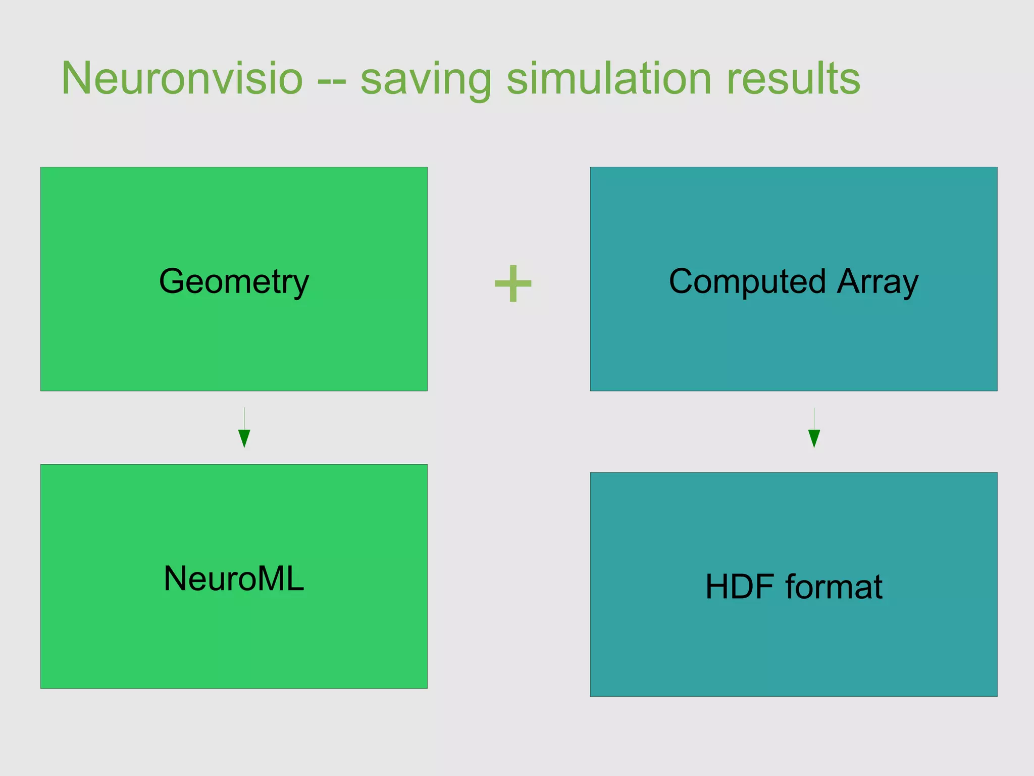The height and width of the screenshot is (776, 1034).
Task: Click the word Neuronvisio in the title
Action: [x=182, y=78]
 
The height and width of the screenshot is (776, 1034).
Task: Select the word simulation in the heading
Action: [x=608, y=78]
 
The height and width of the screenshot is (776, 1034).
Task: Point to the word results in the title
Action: [x=793, y=78]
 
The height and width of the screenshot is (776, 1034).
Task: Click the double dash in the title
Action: [x=332, y=81]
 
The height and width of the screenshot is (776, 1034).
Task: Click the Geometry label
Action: [x=234, y=281]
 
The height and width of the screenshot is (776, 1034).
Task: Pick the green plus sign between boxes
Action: [x=513, y=283]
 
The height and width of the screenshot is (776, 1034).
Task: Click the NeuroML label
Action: [x=234, y=578]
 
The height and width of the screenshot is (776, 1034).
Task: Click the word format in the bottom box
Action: [x=834, y=587]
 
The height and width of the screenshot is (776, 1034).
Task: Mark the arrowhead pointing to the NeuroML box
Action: [x=244, y=438]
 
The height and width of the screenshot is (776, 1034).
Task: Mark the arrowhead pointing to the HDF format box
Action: [x=814, y=438]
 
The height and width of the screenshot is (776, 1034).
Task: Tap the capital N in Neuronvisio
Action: [x=76, y=78]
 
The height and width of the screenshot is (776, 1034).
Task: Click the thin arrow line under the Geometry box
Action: [x=244, y=418]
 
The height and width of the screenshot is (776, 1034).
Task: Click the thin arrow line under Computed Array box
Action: [x=814, y=418]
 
